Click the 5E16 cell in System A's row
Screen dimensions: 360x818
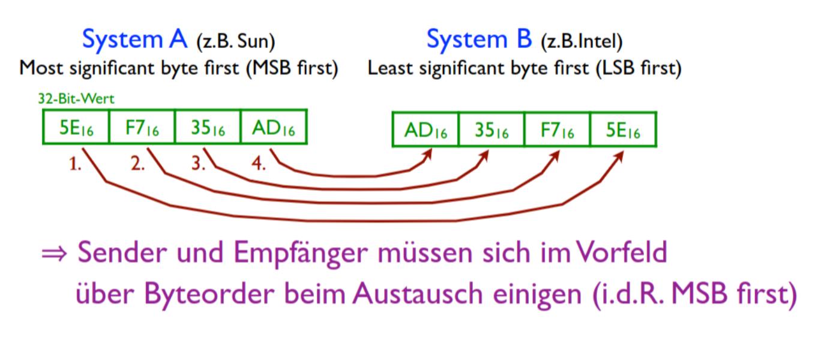tap(76, 127)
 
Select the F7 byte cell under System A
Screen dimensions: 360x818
tap(142, 127)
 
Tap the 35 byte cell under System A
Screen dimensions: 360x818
tap(207, 127)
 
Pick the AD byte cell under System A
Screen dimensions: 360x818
tap(273, 127)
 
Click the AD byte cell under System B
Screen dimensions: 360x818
tap(426, 130)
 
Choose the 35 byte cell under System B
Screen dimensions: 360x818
tap(491, 130)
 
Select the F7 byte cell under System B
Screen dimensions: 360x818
tap(557, 130)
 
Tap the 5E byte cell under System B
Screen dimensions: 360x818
tap(623, 130)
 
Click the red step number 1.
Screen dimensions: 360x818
tap(75, 165)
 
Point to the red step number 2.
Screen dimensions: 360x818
tap(137, 165)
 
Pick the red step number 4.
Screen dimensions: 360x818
tap(259, 165)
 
